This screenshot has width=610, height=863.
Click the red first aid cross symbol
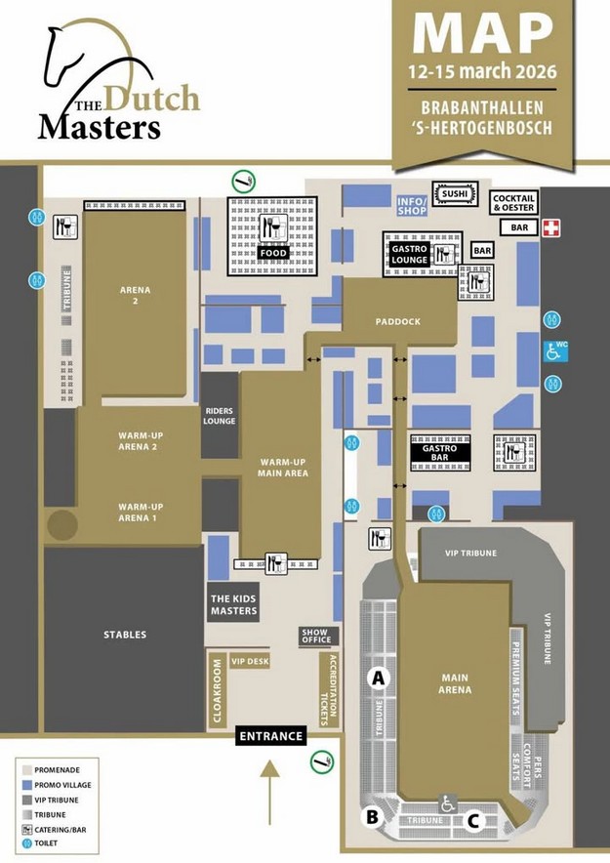tap(552, 227)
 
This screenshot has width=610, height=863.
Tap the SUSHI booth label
tap(455, 193)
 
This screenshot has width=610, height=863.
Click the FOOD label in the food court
tap(272, 253)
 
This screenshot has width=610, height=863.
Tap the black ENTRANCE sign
tap(270, 736)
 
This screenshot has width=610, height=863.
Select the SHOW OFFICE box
tap(316, 637)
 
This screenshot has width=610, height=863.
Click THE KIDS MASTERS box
tap(233, 604)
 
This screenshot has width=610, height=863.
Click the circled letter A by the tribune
tap(378, 676)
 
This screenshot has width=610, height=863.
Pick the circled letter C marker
tap(472, 821)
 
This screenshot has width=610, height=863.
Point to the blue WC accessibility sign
tap(554, 349)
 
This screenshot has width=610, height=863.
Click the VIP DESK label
tap(249, 661)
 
